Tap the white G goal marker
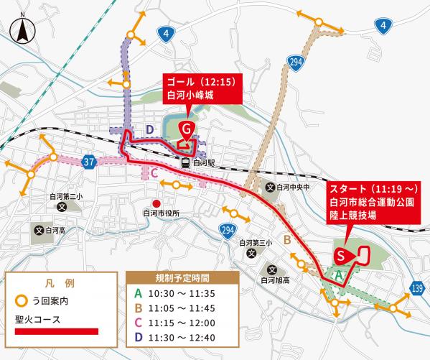click(186, 129)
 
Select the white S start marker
click(342, 255)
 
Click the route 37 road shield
click(88, 163)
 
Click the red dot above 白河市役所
click(156, 203)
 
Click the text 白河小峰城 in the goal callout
click(190, 93)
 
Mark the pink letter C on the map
click(154, 172)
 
